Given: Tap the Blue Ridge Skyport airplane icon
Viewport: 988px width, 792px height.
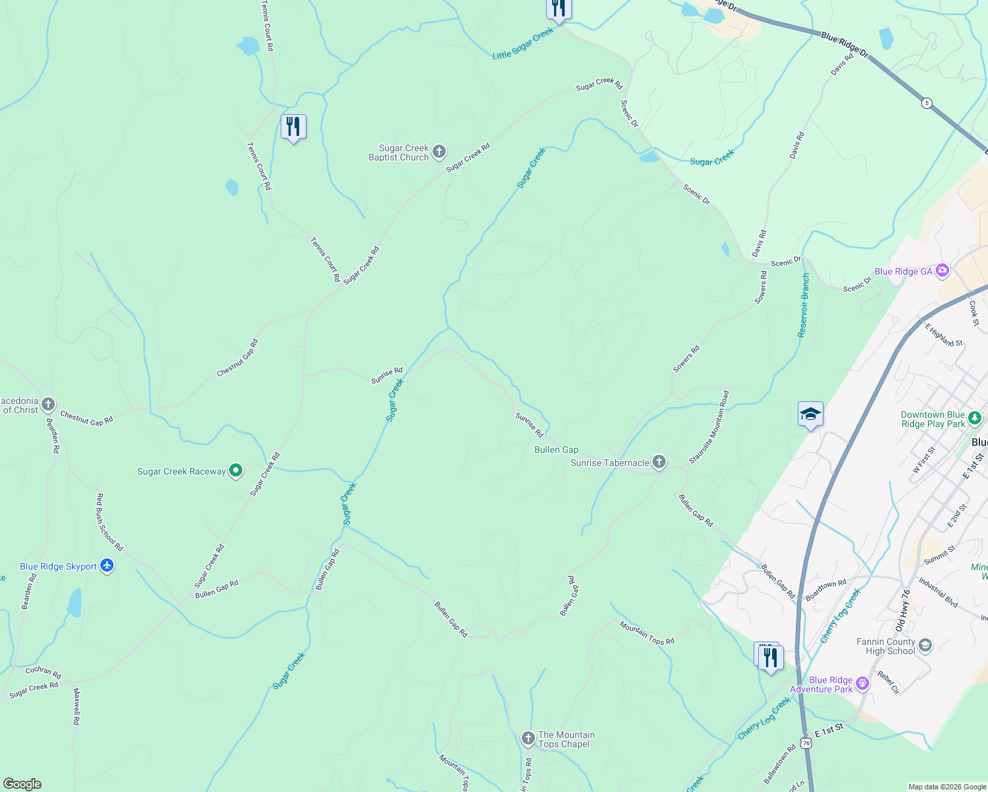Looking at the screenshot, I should (107, 566).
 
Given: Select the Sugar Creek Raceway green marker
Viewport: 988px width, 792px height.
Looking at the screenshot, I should (236, 471).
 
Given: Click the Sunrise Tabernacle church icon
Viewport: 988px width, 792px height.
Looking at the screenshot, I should (659, 463).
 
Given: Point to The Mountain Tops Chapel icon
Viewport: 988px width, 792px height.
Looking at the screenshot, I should (528, 739).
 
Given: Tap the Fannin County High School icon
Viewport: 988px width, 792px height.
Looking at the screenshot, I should (925, 645).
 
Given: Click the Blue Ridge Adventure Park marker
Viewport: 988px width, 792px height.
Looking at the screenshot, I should (862, 684).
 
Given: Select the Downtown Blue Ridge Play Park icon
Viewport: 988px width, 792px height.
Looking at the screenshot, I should (975, 419).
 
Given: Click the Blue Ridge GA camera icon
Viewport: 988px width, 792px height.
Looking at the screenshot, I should (942, 271).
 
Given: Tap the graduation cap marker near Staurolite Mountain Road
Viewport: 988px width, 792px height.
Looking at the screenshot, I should (810, 414).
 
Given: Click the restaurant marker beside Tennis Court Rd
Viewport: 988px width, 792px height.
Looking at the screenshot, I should (293, 126).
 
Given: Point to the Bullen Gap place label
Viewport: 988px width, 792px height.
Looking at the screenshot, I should (556, 449).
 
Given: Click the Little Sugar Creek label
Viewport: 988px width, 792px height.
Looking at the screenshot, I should (523, 44).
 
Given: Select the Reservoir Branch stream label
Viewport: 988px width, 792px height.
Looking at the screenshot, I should (804, 306).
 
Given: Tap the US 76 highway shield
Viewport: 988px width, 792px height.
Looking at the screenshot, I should (806, 742).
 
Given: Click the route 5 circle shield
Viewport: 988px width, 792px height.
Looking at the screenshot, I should (927, 103).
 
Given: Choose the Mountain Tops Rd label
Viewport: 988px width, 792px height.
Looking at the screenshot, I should (647, 633).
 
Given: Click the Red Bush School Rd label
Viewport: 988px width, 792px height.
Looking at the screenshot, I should (110, 522).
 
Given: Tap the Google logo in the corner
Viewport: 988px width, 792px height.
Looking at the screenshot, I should (22, 784).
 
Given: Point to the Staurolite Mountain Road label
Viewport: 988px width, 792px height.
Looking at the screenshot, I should (709, 427).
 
